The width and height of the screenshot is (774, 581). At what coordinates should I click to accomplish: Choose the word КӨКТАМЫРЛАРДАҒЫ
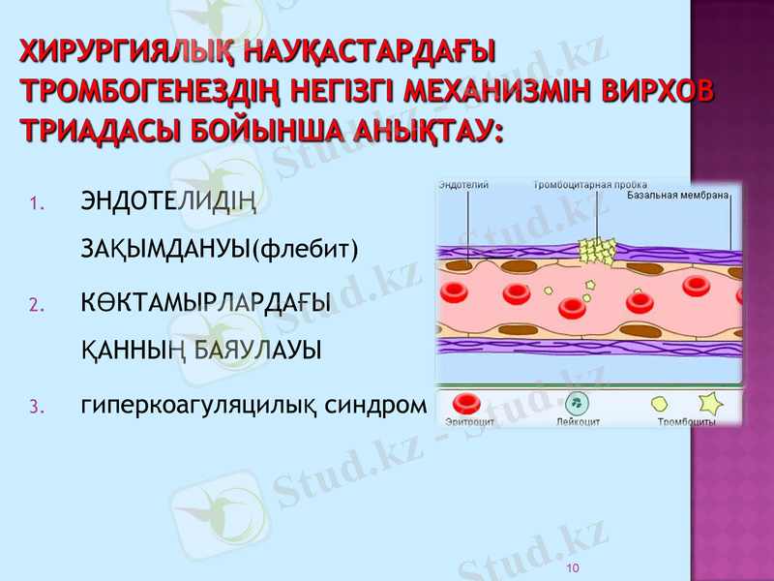point(205,303)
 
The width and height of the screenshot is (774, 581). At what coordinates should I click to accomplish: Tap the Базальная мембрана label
point(677,195)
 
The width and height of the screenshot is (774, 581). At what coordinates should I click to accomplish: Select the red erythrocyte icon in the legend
point(468,402)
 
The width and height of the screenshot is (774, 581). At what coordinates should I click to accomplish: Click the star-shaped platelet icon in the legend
point(709,402)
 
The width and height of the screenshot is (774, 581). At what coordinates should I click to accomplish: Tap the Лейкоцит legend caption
point(579,422)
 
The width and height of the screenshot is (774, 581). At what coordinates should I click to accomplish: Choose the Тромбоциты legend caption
point(686,422)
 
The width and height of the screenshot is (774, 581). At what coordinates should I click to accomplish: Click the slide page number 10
point(573,566)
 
